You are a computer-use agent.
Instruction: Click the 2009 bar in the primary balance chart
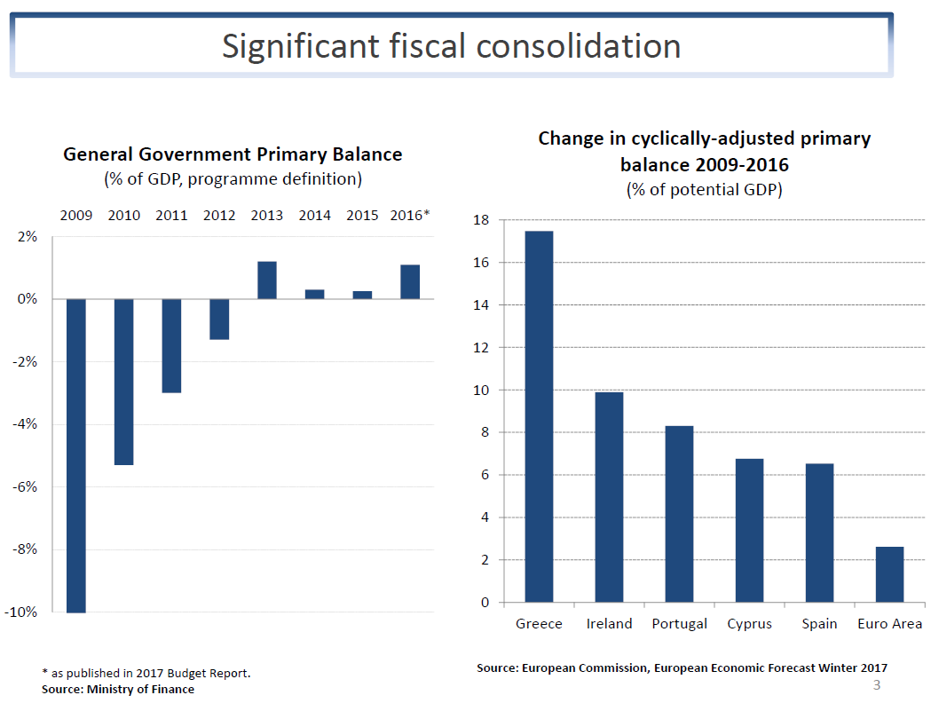click(x=76, y=455)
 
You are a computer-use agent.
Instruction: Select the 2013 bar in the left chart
click(x=267, y=280)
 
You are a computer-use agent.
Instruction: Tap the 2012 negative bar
click(x=219, y=320)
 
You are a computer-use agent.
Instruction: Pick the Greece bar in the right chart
click(x=539, y=416)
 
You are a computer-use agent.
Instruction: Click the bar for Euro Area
click(x=889, y=574)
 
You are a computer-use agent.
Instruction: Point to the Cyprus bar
click(x=749, y=531)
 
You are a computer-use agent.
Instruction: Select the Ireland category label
click(x=609, y=624)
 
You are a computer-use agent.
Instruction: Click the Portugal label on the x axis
click(x=679, y=624)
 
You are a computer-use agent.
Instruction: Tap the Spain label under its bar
click(x=819, y=624)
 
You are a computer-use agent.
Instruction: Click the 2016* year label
click(x=410, y=216)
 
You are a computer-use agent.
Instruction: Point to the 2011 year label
click(x=171, y=216)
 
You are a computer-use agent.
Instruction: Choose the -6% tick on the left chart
click(x=25, y=486)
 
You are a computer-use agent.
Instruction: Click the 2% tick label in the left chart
click(x=27, y=237)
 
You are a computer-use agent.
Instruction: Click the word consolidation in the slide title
click(x=578, y=45)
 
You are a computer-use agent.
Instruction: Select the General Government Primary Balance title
click(x=233, y=154)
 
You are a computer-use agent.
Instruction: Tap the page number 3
click(x=877, y=685)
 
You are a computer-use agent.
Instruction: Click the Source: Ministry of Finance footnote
click(x=118, y=689)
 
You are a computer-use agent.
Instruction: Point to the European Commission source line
click(x=682, y=667)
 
